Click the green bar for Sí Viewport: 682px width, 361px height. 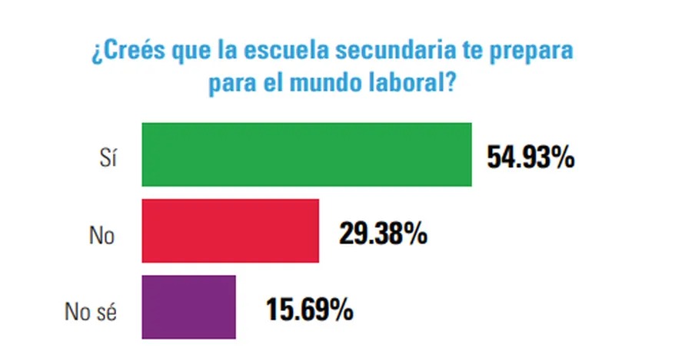306,154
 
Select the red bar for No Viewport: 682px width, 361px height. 230,231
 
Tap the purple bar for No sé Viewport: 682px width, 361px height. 188,307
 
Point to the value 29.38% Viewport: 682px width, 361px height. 383,233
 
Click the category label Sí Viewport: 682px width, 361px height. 107,157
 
